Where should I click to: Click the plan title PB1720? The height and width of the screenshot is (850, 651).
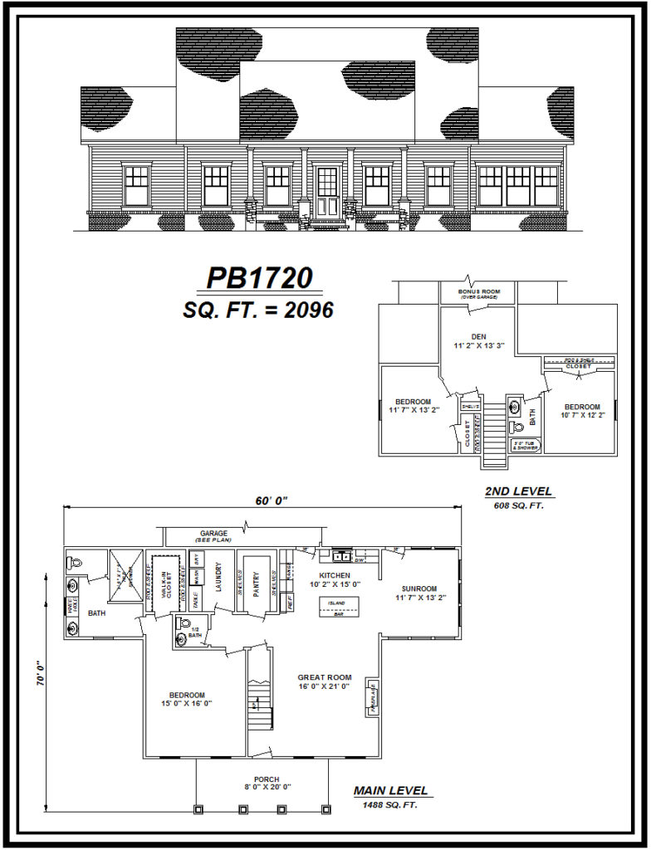(258, 277)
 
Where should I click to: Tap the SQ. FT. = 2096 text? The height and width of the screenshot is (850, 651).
(258, 310)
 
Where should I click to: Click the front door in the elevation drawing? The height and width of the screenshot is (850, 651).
(327, 193)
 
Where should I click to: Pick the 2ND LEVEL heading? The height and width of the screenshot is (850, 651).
(518, 492)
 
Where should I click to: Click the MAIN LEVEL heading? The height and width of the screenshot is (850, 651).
(390, 791)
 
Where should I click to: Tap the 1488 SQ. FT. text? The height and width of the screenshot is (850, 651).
(390, 806)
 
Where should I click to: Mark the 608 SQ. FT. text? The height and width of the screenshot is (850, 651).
(518, 505)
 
